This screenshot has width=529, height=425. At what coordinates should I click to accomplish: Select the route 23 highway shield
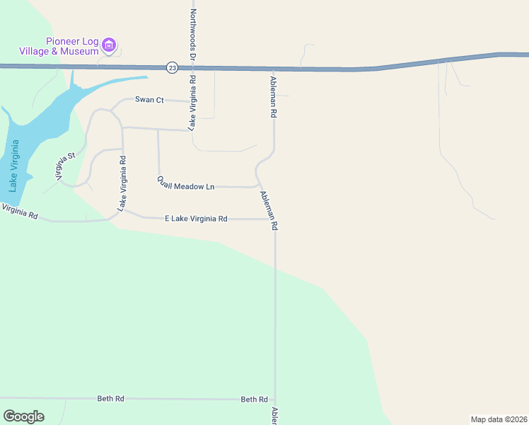pos(173,67)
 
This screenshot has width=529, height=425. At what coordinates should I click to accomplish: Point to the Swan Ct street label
pos(149,100)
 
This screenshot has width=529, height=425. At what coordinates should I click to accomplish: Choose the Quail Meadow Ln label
pos(185,183)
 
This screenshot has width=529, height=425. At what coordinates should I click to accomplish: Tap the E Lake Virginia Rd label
pos(196,219)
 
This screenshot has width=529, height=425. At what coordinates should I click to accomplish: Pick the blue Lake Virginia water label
pos(13,166)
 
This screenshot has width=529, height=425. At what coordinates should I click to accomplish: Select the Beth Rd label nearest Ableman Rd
pos(254,399)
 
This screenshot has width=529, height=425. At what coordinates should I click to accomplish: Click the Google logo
pos(23,416)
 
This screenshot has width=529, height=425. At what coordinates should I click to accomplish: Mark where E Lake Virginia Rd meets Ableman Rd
pos(274,219)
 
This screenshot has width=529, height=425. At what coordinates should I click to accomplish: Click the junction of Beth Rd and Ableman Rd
pos(274,400)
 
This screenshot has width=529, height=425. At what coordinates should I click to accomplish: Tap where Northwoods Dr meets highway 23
pos(192,68)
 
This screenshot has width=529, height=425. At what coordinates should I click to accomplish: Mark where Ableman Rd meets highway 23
pos(272,69)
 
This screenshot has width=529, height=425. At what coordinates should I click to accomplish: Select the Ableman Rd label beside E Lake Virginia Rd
pos(269,210)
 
